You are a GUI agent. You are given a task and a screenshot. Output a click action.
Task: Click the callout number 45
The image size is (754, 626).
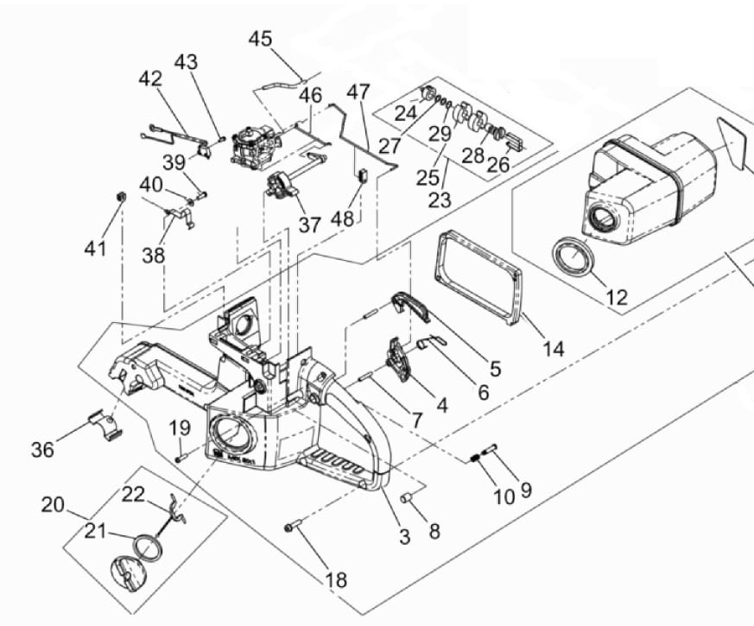click(x=260, y=39)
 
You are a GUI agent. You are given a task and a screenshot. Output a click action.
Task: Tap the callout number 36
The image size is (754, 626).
click(x=43, y=450)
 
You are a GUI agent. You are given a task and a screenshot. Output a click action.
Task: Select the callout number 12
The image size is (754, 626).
click(x=617, y=298)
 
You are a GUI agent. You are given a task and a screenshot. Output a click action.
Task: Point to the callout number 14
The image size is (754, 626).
click(x=553, y=349)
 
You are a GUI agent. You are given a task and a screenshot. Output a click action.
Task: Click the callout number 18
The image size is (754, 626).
click(x=336, y=580)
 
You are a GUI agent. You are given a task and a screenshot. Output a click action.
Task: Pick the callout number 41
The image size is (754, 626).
click(x=95, y=249)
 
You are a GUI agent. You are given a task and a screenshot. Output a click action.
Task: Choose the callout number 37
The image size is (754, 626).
click(x=310, y=224)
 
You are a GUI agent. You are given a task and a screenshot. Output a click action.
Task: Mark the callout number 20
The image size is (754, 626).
click(x=53, y=505)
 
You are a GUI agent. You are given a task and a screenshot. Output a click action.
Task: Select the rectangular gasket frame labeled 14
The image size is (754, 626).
click(x=478, y=275)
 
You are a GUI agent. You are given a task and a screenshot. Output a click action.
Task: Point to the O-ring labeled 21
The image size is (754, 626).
click(x=148, y=547)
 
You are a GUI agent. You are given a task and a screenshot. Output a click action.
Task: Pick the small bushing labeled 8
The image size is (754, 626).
click(x=406, y=497)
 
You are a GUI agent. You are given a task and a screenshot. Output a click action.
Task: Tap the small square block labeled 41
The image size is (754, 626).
click(x=122, y=196)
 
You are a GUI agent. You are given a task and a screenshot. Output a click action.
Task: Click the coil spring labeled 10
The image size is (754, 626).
click(x=476, y=458)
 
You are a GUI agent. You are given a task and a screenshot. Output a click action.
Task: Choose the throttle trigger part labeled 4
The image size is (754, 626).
click(x=400, y=360)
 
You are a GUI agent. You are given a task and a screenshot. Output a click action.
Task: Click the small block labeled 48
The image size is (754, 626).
click(x=362, y=175)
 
